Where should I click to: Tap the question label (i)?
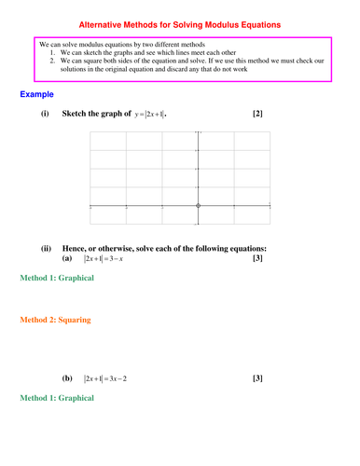(45, 115)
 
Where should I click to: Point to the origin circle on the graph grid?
(198, 205)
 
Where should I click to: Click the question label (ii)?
(46, 249)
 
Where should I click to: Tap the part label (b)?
(67, 378)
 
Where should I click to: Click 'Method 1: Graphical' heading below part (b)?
(56, 398)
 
